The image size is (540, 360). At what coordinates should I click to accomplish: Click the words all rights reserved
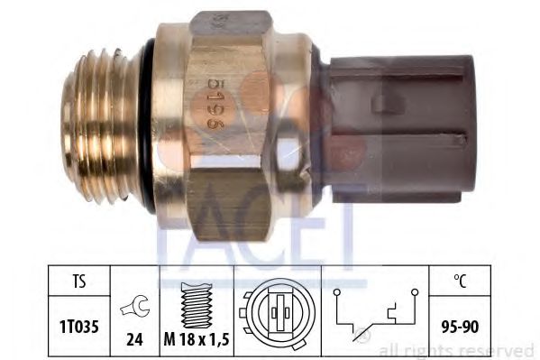[x=455, y=349]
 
